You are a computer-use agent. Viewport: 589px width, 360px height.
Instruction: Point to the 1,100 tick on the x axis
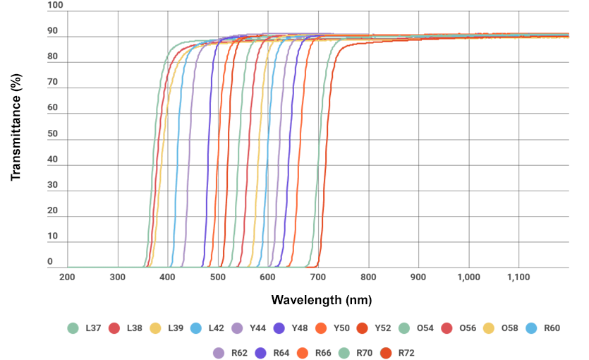pos(518,277)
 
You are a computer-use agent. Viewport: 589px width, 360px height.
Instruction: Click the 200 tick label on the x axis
pos(67,277)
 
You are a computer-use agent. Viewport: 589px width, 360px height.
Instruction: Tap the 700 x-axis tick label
pos(318,277)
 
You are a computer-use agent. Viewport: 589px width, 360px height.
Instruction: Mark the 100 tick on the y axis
pos(55,6)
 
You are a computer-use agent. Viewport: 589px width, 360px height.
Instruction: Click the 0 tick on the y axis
pos(50,263)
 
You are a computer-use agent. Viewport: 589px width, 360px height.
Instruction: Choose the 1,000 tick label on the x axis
pos(468,277)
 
